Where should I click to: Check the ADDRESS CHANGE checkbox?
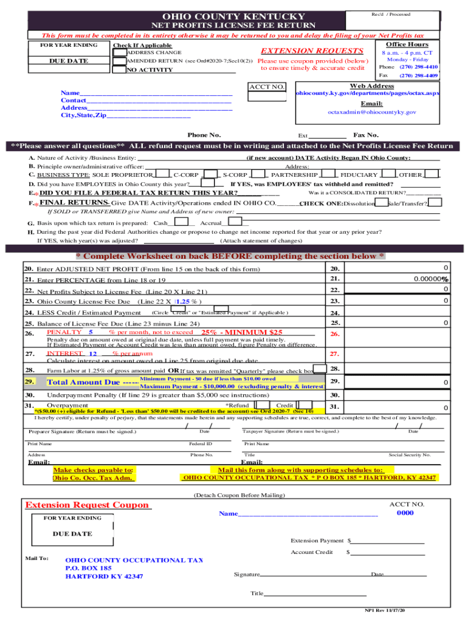tap(118, 52)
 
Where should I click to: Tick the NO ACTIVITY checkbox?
tap(118, 69)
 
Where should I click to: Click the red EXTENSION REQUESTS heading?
tap(312, 51)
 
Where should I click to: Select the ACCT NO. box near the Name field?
tap(266, 95)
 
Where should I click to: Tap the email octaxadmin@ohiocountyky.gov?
tap(371, 112)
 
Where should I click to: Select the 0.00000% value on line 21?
tap(430, 279)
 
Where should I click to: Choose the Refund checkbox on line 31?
tap(263, 405)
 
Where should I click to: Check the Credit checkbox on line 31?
tap(307, 405)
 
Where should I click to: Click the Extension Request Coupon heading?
tap(87, 505)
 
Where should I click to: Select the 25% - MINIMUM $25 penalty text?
tap(242, 332)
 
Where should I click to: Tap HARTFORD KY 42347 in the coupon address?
tap(104, 576)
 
